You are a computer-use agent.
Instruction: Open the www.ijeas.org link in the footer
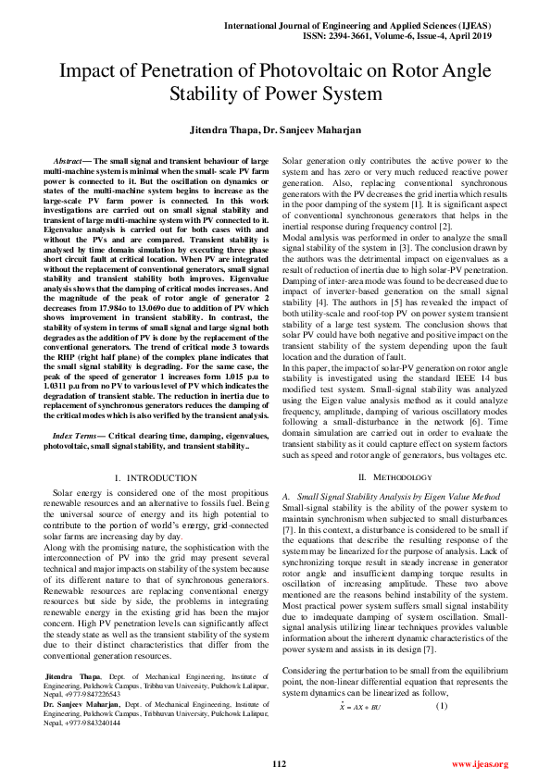pyautogui.click(x=479, y=763)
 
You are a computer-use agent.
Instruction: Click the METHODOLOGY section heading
pyautogui.click(x=400, y=476)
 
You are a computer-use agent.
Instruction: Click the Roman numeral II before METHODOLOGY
pyautogui.click(x=364, y=476)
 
